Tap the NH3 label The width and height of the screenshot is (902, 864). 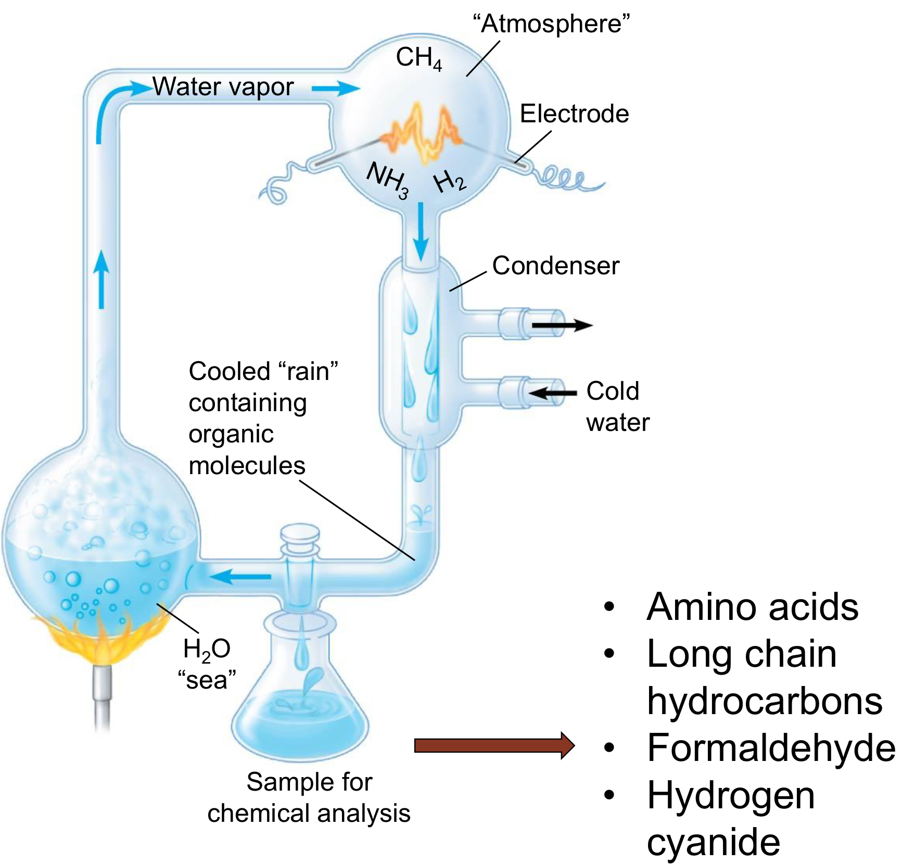tap(388, 180)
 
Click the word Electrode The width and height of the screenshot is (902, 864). tap(574, 113)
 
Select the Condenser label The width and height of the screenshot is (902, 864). tap(555, 265)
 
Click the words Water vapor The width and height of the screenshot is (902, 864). tap(223, 87)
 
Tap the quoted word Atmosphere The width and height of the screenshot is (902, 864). tap(551, 23)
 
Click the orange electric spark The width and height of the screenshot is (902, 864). tap(423, 133)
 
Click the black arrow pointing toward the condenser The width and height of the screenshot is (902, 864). tap(553, 392)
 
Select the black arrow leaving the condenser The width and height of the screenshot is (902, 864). tap(562, 326)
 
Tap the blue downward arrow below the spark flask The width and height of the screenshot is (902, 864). tap(421, 232)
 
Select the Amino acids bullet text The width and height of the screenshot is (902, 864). tap(752, 607)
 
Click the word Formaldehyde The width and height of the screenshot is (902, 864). tap(771, 748)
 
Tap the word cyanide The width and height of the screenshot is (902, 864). tap(713, 842)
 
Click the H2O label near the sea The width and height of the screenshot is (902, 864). tap(207, 650)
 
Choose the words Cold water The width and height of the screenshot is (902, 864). tap(617, 406)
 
